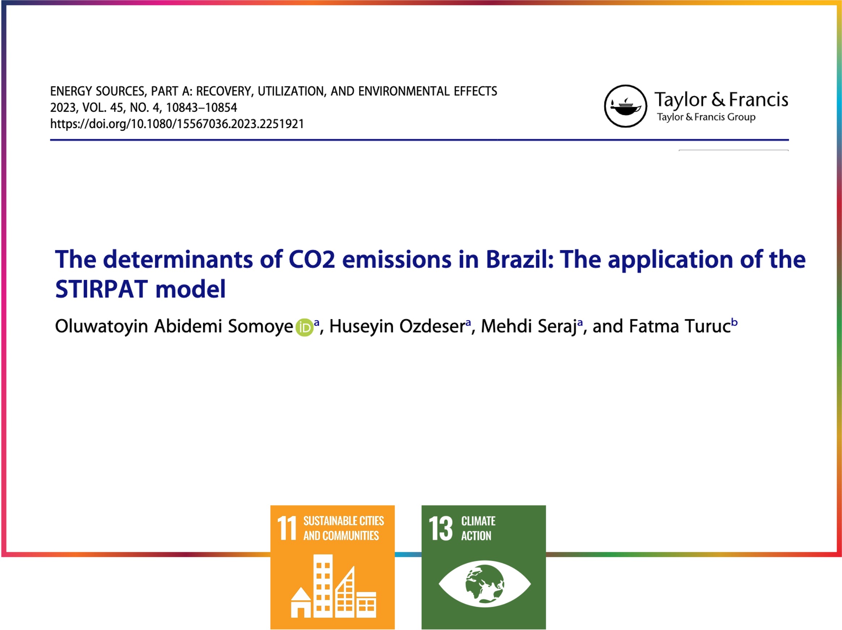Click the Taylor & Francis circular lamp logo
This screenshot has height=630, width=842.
[x=625, y=106]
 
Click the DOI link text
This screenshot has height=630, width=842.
[x=177, y=124]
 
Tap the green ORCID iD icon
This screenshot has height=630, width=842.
[x=304, y=327]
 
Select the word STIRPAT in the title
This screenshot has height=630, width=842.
[x=101, y=289]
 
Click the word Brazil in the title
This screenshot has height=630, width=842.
[x=520, y=259]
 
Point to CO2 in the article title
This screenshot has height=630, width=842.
[x=312, y=259]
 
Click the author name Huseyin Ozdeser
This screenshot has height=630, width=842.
[x=397, y=326]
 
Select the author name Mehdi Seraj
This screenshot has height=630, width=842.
[x=529, y=326]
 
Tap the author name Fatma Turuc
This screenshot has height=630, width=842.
[x=680, y=326]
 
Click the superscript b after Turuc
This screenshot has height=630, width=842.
[x=734, y=323]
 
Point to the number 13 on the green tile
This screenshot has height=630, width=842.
[x=441, y=528]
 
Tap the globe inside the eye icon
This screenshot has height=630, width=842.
[x=485, y=584]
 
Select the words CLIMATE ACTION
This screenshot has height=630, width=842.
[x=478, y=528]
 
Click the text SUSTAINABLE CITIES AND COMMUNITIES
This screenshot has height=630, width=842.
[x=343, y=528]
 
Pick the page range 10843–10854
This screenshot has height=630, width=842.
[x=201, y=108]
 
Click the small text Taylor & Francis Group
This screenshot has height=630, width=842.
[x=706, y=117]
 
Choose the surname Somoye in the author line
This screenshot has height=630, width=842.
[x=260, y=327]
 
